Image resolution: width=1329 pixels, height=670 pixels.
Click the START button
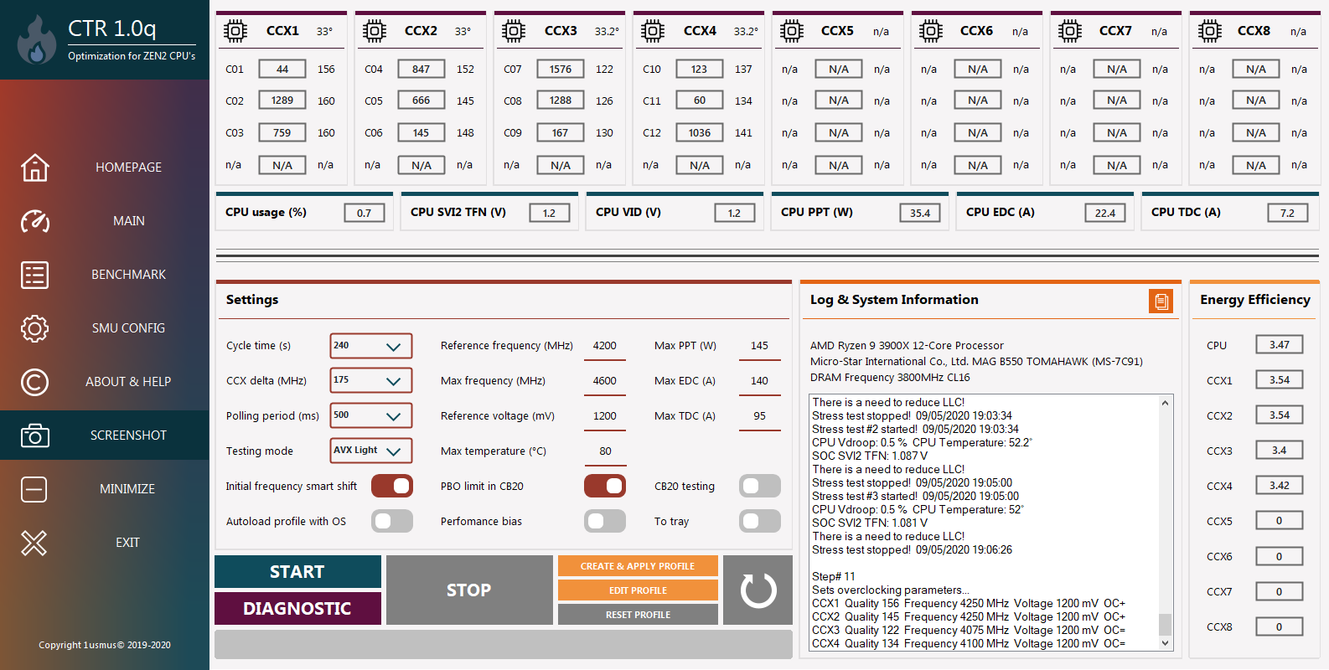click(297, 571)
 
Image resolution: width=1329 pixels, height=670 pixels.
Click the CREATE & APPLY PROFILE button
click(638, 566)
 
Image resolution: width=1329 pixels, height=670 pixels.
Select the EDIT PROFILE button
click(638, 590)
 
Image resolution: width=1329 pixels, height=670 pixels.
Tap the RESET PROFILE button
click(638, 615)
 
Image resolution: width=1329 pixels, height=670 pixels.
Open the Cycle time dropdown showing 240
click(371, 346)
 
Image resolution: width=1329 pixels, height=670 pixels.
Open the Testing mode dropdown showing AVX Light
click(371, 451)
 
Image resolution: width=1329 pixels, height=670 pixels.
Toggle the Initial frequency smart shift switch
click(392, 487)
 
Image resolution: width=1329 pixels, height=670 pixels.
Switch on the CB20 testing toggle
click(759, 487)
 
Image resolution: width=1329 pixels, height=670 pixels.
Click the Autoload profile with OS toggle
click(392, 521)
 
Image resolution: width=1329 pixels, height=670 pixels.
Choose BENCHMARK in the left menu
click(128, 275)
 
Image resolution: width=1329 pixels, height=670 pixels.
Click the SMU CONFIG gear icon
click(35, 328)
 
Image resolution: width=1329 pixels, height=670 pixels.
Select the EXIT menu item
click(127, 543)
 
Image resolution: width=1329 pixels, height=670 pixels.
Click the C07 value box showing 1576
click(560, 70)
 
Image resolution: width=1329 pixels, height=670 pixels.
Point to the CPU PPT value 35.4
click(919, 213)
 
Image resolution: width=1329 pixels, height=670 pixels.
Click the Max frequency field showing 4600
click(604, 381)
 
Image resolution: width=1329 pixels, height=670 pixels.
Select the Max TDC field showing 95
click(759, 416)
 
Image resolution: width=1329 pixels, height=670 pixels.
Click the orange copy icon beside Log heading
click(1161, 301)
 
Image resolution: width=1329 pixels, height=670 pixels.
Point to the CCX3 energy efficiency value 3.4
click(1280, 451)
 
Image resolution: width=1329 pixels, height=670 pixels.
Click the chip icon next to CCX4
click(653, 31)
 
